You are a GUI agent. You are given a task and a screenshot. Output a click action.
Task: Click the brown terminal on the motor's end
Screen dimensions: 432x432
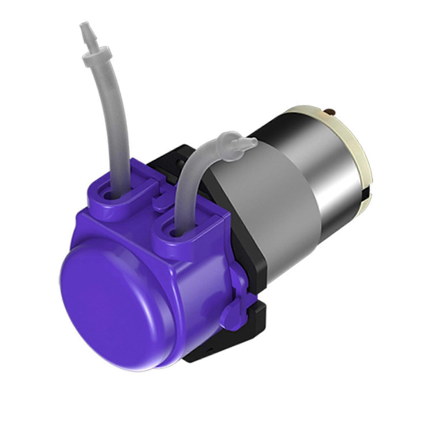click(x=330, y=111)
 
